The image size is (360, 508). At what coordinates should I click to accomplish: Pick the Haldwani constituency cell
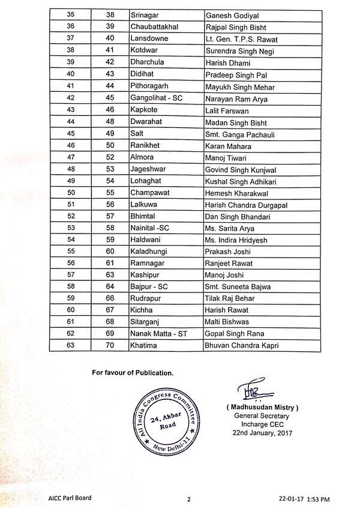coord(146,239)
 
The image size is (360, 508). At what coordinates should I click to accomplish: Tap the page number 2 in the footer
coord(188,498)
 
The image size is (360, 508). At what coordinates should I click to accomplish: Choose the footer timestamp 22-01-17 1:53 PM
coord(311,498)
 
